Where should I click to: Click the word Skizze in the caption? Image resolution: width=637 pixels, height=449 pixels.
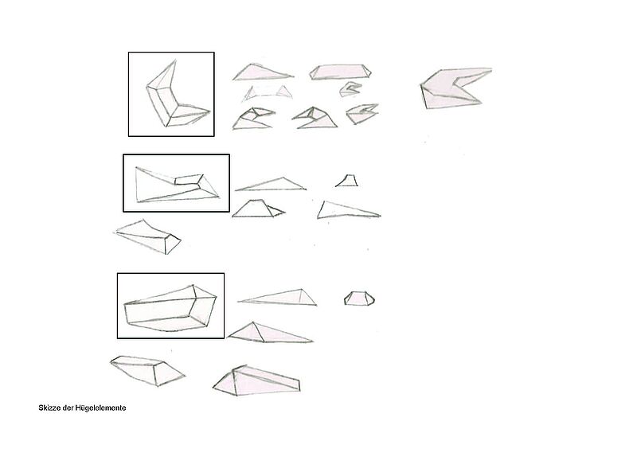click(49, 408)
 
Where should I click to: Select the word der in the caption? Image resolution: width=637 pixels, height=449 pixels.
click(68, 408)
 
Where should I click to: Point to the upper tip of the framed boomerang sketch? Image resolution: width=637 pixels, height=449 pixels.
click(175, 61)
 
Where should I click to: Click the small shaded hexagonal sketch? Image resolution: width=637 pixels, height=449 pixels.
click(359, 299)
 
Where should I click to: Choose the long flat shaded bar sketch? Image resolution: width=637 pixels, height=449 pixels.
click(341, 72)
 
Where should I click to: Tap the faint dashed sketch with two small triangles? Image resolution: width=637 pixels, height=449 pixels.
click(268, 93)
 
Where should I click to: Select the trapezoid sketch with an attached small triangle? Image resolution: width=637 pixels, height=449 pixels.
click(258, 209)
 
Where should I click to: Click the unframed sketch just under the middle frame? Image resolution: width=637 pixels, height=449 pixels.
click(148, 238)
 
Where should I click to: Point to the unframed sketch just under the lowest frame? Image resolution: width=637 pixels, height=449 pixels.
click(147, 370)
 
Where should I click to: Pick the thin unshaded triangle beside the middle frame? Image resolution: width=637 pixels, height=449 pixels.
click(271, 185)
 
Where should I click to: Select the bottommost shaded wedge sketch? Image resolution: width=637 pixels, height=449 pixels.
click(257, 381)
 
